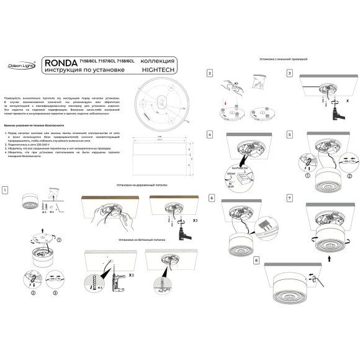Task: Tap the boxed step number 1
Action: point(5,189)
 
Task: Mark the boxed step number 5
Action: point(289,134)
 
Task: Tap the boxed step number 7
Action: point(289,198)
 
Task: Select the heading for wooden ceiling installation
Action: point(142,186)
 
